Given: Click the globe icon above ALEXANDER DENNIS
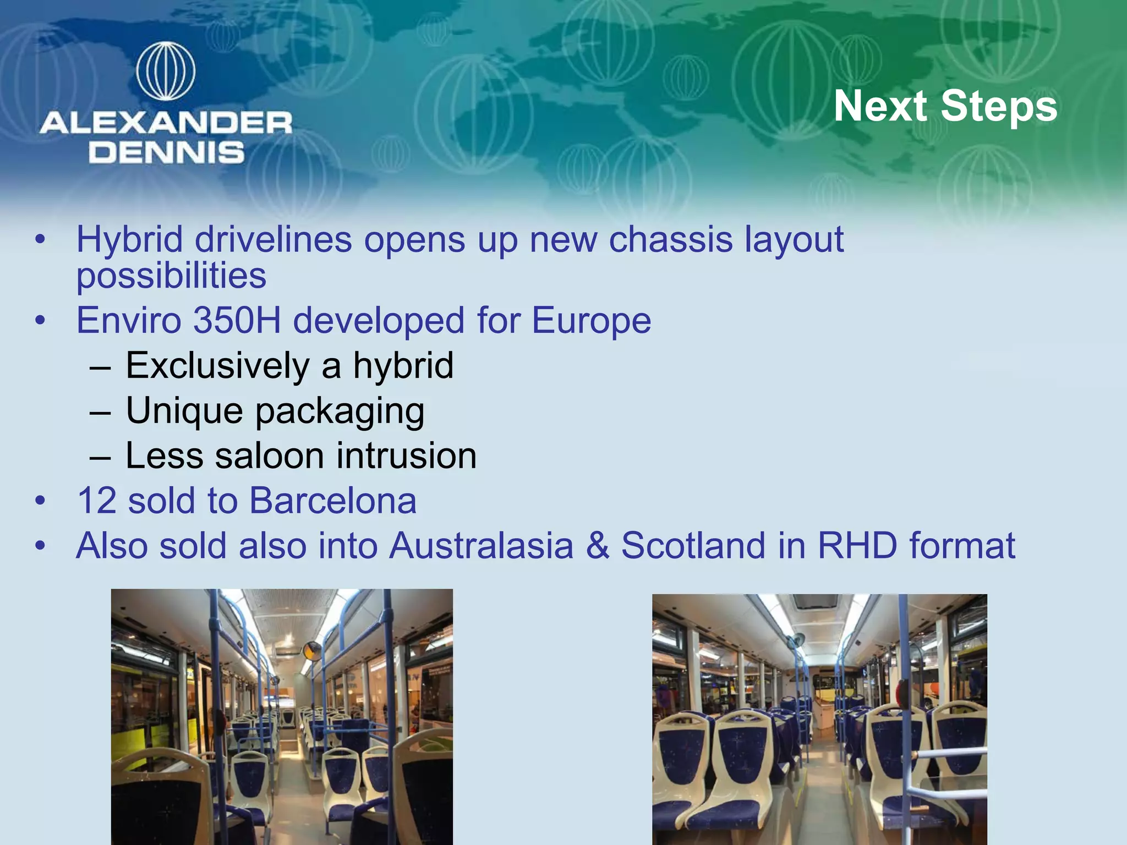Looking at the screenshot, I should coord(166,72).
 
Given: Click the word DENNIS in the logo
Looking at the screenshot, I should coord(166,152).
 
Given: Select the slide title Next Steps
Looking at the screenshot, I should coord(945,106).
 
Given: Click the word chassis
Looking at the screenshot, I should coord(670,240).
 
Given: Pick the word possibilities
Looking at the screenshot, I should coord(171,276).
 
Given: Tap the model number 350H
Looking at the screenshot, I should coord(237,320).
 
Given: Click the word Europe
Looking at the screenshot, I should coord(591,320).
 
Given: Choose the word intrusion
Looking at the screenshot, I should coord(407,456).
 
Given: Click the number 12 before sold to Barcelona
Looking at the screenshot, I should coord(97,501).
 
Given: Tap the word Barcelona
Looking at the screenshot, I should coord(332,501).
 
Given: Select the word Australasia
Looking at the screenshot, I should coord(481,546).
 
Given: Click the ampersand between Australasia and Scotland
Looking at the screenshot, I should coord(598,546).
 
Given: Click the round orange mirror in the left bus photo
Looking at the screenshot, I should coord(312,651).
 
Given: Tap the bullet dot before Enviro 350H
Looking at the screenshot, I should coord(40,321).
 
